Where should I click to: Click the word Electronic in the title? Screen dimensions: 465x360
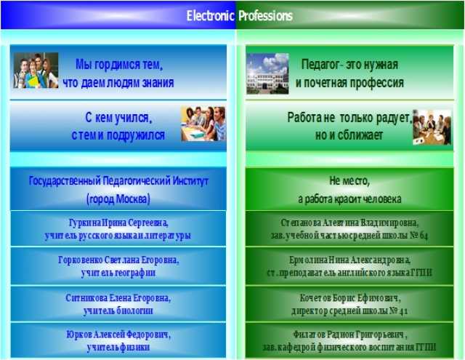pyautogui.click(x=210, y=16)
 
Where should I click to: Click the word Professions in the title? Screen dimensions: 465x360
pyautogui.click(x=265, y=16)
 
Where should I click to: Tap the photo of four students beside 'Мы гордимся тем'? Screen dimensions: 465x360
pyautogui.click(x=36, y=71)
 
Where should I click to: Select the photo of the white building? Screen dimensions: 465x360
pyautogui.click(x=267, y=73)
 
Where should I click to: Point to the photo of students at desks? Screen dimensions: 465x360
pyautogui.click(x=203, y=124)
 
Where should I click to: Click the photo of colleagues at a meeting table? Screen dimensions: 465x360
pyautogui.click(x=432, y=127)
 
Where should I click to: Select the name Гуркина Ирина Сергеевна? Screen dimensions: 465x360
pyautogui.click(x=118, y=223)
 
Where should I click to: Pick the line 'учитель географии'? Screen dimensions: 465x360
pyautogui.click(x=118, y=273)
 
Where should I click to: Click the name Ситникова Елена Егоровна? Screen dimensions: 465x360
pyautogui.click(x=118, y=297)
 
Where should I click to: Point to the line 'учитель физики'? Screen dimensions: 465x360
pyautogui.click(x=118, y=347)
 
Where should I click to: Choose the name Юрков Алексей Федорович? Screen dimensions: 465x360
pyautogui.click(x=118, y=335)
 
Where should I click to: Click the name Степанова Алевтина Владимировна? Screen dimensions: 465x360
pyautogui.click(x=349, y=223)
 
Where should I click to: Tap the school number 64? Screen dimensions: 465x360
pyautogui.click(x=424, y=236)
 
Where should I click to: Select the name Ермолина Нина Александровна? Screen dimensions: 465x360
pyautogui.click(x=350, y=260)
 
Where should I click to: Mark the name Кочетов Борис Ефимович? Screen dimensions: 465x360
pyautogui.click(x=350, y=297)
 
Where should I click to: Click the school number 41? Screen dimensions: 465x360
pyautogui.click(x=404, y=311)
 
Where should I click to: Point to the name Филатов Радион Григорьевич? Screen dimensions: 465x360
pyautogui.click(x=350, y=335)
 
